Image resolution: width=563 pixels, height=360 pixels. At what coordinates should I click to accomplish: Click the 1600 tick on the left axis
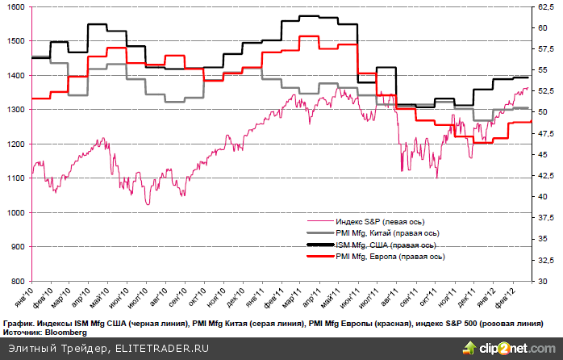(15, 6)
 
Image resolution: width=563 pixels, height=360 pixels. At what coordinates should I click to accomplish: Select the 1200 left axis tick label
(15, 144)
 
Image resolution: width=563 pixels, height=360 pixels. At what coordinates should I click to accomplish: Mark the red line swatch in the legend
(320, 256)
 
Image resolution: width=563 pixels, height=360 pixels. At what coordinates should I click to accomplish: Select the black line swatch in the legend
(320, 245)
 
